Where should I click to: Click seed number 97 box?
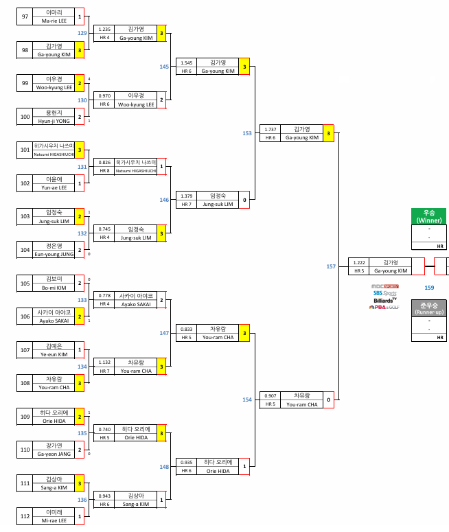[25, 17]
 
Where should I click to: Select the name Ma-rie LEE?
[54, 21]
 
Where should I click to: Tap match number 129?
[82, 33]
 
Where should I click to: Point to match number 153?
[247, 133]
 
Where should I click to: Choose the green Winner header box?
[429, 216]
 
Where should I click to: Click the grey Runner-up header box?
[429, 308]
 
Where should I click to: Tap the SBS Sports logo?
[385, 293]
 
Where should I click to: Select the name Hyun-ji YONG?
[54, 120]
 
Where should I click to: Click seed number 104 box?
[25, 250]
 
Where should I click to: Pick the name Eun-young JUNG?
[54, 254]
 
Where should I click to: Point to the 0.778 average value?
[104, 295]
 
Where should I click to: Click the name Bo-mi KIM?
[54, 288]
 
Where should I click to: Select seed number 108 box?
[25, 383]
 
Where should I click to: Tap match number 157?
[332, 266]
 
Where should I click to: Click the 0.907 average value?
[270, 396]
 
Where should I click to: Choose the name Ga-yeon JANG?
[54, 454]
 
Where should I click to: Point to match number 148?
[165, 467]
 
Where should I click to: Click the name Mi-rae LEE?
[54, 520]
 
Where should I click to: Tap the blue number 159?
[429, 288]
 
